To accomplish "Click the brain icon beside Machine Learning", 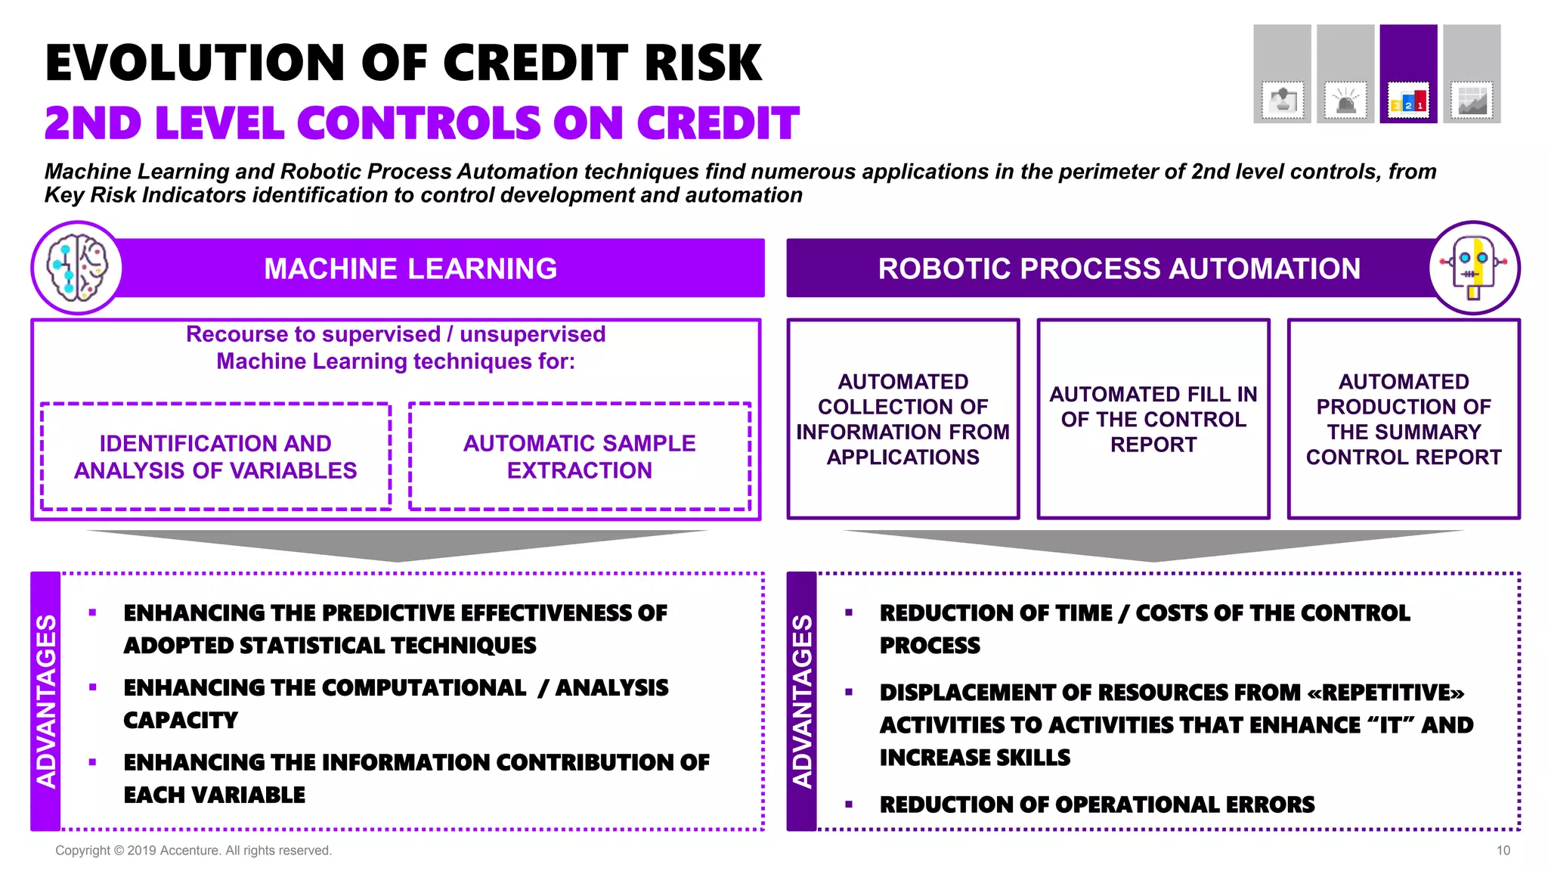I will tap(77, 268).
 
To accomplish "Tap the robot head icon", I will tap(1474, 268).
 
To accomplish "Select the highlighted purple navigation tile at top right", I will tap(1408, 73).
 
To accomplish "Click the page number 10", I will tap(1503, 851).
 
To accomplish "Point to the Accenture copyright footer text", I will tap(193, 851).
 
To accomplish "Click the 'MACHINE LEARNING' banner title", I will tap(410, 268).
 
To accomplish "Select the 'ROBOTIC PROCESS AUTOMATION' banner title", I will tap(1119, 268).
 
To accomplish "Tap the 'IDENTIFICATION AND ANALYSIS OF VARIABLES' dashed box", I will tap(215, 457).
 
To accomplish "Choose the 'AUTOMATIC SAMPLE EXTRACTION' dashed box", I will tap(579, 457).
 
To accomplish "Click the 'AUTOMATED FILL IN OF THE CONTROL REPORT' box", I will tap(1153, 419).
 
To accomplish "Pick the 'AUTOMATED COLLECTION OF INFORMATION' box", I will tap(902, 419).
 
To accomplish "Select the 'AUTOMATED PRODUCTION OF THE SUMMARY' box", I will tap(1404, 419).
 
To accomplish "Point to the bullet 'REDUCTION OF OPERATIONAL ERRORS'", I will tap(1097, 804).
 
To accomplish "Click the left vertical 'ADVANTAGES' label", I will tap(46, 701).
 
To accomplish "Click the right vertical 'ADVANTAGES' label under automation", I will tap(802, 701).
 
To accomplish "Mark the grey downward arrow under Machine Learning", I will tap(397, 544).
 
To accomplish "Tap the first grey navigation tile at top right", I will tap(1282, 73).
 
